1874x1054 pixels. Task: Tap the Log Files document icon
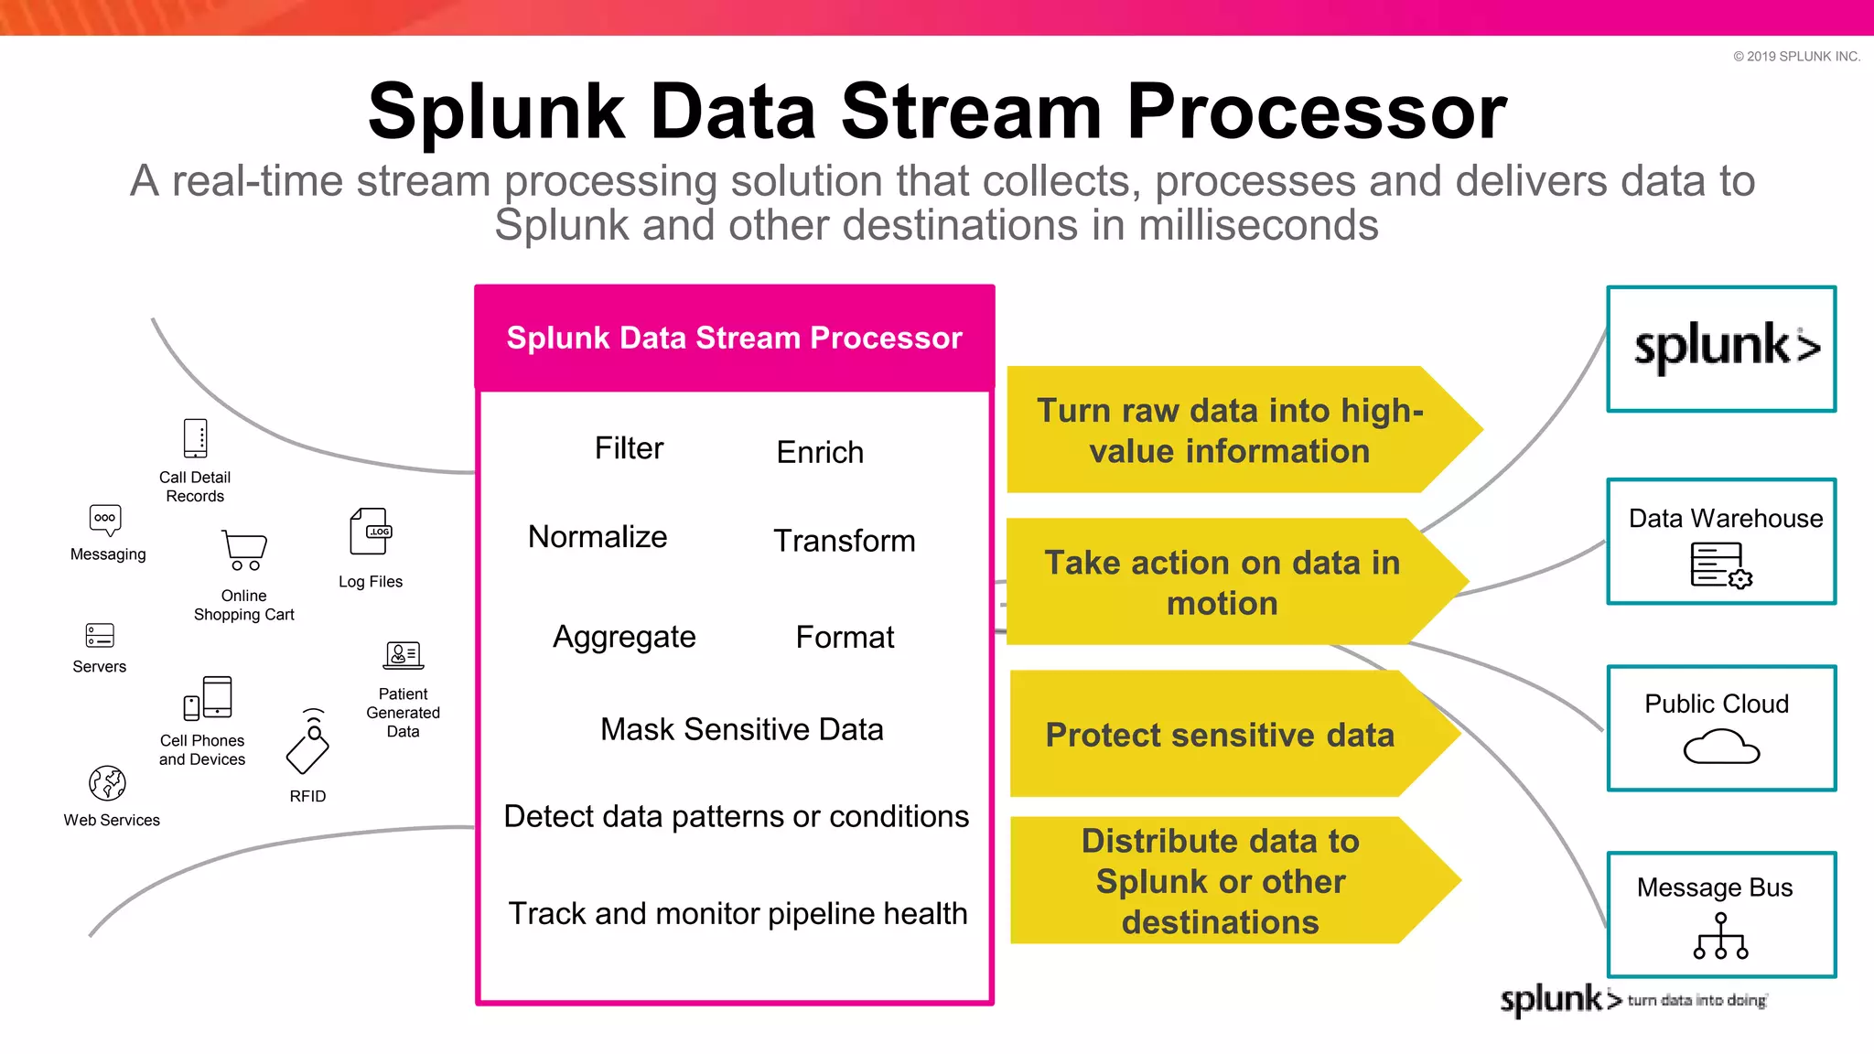click(371, 532)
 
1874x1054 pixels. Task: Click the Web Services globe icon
click(107, 783)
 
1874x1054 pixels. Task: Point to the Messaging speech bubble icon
click(105, 520)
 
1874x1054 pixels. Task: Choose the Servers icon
click(100, 635)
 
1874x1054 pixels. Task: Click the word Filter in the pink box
click(629, 448)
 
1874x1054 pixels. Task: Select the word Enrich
click(820, 452)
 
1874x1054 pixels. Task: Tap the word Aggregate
click(624, 637)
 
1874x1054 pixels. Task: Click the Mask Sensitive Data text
click(741, 729)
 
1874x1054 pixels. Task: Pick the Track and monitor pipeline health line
click(738, 913)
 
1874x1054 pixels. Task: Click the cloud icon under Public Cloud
click(1721, 747)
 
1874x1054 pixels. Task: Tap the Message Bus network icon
click(1720, 937)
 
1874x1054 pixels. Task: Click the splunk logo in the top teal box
click(1726, 348)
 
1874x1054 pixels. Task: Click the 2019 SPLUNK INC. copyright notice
click(1796, 57)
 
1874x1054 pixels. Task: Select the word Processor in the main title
click(1316, 112)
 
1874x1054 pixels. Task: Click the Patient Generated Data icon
click(403, 655)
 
